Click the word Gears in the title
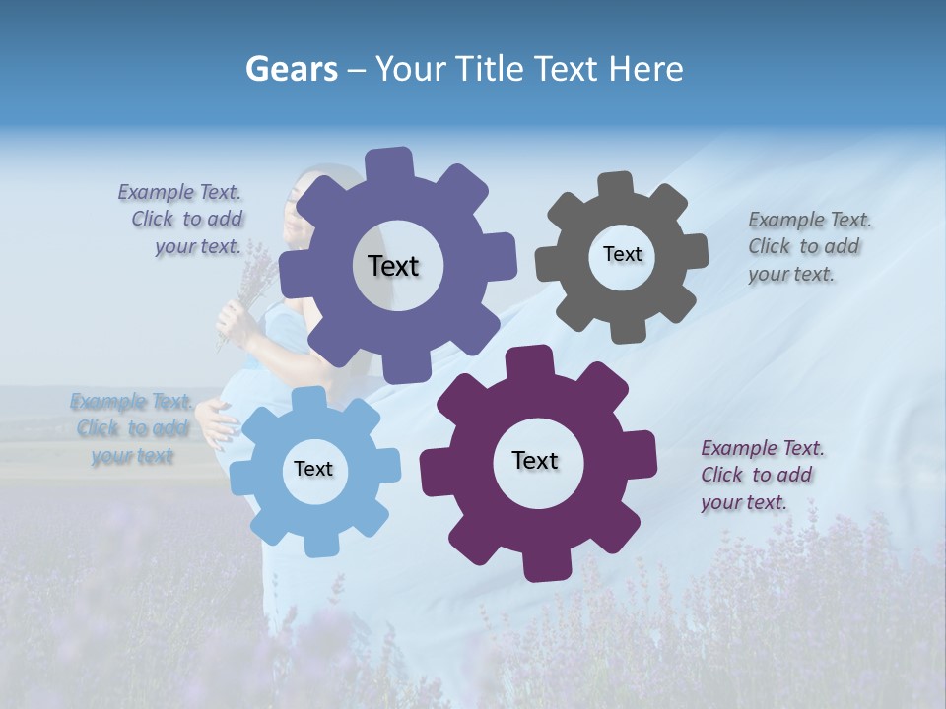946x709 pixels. pos(290,69)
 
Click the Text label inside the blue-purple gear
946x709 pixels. pos(394,266)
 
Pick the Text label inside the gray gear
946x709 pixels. pos(622,254)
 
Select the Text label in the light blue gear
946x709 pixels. pos(313,469)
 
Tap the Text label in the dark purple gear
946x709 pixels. pos(535,460)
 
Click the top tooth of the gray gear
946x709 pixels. pos(616,185)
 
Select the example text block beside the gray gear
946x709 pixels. pos(809,246)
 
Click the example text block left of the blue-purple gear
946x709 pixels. pos(183,219)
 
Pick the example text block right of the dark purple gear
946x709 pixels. pos(762,475)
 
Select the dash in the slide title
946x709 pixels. pos(357,69)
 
